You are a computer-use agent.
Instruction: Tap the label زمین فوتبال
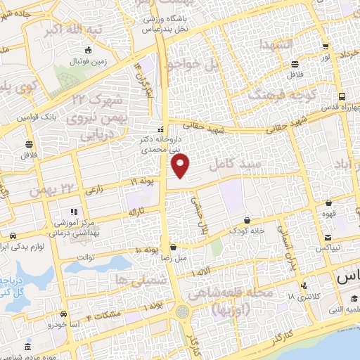coord(86,61)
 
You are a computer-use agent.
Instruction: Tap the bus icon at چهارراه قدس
coord(341,96)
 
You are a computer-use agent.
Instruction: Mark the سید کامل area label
coord(240,163)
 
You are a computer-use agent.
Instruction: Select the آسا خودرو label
coord(63,324)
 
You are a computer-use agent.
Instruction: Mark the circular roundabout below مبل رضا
coord(183,310)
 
